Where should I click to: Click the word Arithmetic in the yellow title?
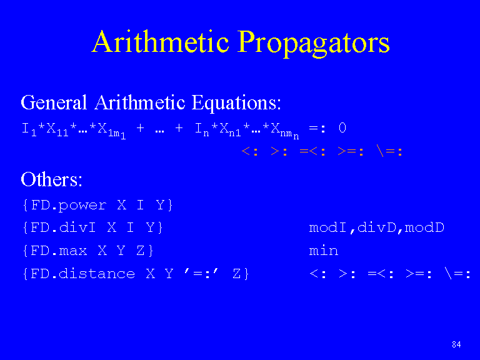(x=161, y=42)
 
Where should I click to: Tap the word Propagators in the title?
(x=314, y=44)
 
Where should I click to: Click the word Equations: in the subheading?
(x=236, y=103)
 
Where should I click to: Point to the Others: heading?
(x=51, y=179)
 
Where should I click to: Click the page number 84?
(x=456, y=345)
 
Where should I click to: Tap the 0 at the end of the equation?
(x=342, y=127)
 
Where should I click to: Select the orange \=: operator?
(x=390, y=151)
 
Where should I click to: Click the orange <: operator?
(x=249, y=151)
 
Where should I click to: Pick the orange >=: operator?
(x=350, y=151)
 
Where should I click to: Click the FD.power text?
(x=69, y=205)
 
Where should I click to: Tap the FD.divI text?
(x=63, y=227)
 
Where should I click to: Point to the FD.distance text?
(x=83, y=273)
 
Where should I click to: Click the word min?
(x=324, y=251)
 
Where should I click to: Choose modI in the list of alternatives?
(x=328, y=227)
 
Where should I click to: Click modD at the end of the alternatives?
(x=424, y=227)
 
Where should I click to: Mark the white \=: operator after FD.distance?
(x=457, y=273)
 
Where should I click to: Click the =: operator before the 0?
(x=317, y=128)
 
